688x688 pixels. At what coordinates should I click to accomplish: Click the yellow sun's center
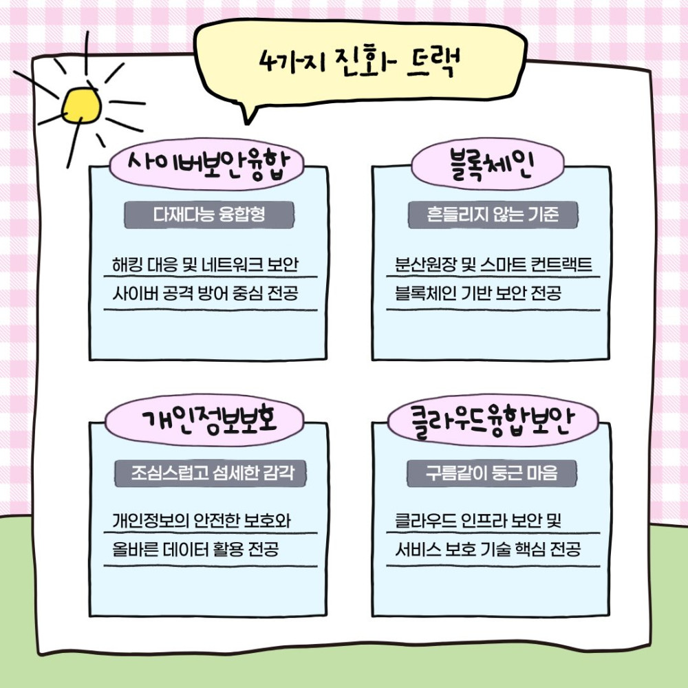pos(81,105)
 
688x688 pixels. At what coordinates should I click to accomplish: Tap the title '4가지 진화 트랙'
pos(360,63)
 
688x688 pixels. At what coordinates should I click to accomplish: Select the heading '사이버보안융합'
pos(208,164)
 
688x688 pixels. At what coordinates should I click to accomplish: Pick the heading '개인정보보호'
pos(209,420)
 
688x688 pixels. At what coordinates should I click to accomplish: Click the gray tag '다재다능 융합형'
pos(209,215)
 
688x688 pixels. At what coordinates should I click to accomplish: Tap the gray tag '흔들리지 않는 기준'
pos(493,215)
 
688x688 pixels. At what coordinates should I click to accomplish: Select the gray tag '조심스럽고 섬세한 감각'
pos(210,473)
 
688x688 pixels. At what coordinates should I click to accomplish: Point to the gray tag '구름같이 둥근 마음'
pos(491,473)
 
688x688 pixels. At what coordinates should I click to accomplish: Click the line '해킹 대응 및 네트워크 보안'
pos(205,265)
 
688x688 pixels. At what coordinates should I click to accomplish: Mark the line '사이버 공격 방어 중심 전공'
pos(205,293)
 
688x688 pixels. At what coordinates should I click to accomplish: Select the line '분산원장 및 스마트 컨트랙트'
pos(493,265)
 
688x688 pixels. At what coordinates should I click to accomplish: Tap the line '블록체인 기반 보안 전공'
pos(478,293)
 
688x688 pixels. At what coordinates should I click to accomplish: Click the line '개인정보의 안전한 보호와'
pos(202,521)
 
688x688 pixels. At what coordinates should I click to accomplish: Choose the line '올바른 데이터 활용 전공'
pos(195,549)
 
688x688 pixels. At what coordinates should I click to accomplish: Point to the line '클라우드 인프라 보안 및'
pos(478,521)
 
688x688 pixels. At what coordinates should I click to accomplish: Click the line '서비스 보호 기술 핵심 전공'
pos(488,549)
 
